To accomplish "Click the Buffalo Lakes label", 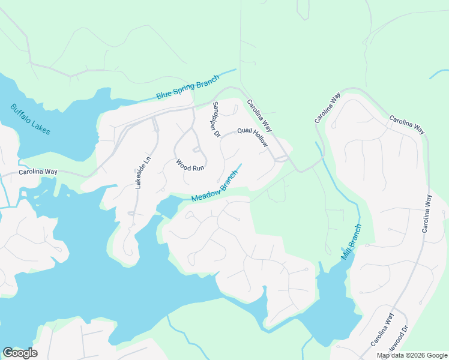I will tap(31, 119).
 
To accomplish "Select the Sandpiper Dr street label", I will tap(215, 119).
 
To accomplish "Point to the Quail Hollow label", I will tap(252, 137).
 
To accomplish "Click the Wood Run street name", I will tap(190, 165).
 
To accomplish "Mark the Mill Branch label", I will tap(352, 242).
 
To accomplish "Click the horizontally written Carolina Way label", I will tap(38, 172).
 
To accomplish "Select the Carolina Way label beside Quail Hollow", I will tap(259, 116).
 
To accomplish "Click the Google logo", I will tap(20, 353).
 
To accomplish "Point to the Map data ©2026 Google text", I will tap(412, 355).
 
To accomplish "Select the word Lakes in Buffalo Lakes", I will tap(40, 126).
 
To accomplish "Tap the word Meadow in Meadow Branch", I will tap(205, 194).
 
